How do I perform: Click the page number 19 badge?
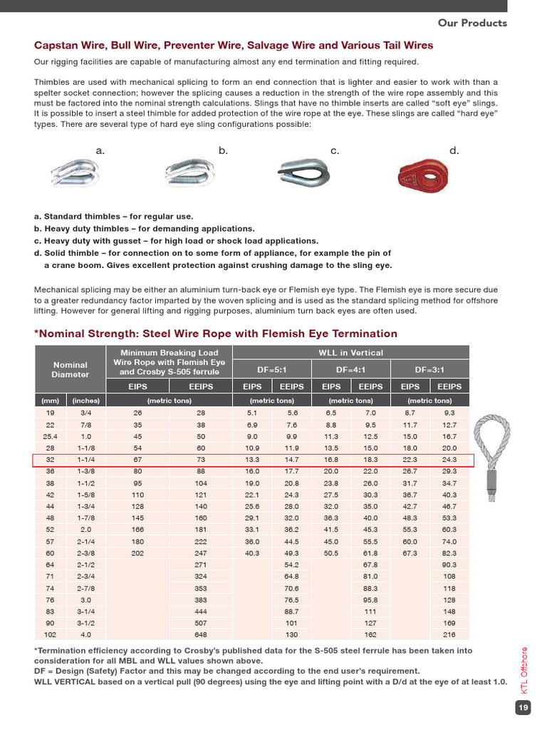coord(523,708)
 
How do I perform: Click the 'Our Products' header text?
coord(472,23)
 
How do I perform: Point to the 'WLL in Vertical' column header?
coord(351,353)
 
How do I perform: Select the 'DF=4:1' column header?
coord(351,369)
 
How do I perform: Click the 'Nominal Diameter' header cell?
coord(71,369)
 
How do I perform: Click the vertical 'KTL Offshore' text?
coord(524,670)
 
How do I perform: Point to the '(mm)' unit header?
coord(50,400)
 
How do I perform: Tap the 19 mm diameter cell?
coord(50,413)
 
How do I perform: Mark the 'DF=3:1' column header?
coord(430,369)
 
